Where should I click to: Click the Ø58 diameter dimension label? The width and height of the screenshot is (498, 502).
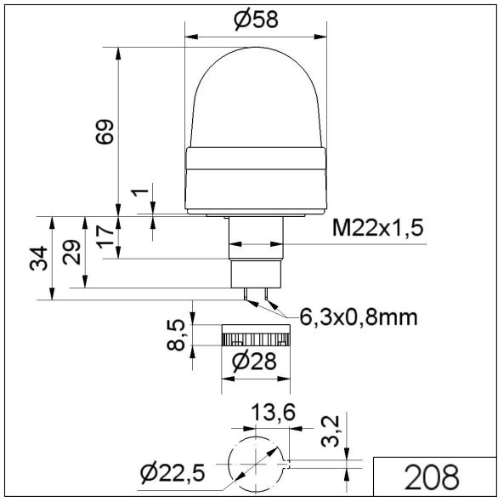coord(256,20)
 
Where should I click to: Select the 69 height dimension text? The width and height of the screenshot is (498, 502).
coord(105,132)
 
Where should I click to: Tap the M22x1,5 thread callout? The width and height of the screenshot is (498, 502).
coord(377,228)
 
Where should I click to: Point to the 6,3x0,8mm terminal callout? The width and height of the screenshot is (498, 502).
coord(359,317)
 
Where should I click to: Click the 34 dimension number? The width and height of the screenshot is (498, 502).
coord(39,259)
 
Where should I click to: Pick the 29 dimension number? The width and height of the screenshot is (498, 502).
coord(71,252)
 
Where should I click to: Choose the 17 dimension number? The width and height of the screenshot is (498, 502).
coord(105,237)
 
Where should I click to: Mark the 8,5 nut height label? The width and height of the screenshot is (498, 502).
coord(176,335)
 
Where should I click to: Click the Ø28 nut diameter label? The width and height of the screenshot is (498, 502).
coord(254,362)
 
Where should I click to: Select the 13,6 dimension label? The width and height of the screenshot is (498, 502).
coord(273,412)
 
